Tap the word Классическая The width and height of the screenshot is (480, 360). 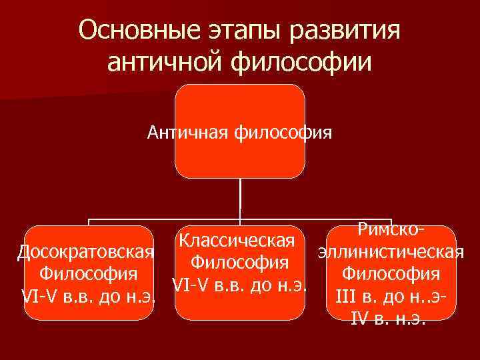click(238, 239)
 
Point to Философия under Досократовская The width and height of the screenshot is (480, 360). click(89, 273)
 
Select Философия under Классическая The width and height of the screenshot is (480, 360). click(239, 262)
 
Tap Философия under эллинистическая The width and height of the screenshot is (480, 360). click(391, 273)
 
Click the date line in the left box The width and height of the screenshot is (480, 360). click(89, 296)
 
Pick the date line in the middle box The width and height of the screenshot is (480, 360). click(239, 285)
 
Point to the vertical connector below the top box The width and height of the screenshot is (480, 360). click(239, 200)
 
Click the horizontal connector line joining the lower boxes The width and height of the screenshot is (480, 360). click(167, 219)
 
